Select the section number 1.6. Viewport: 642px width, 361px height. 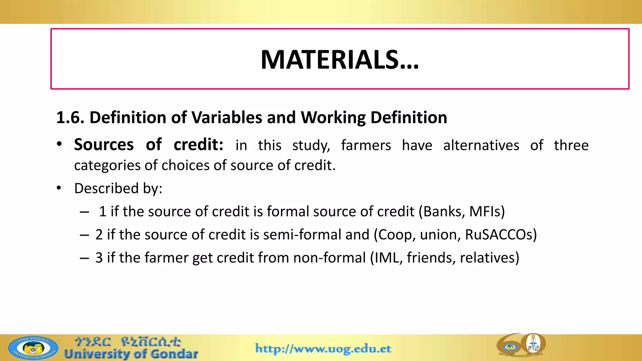click(70, 118)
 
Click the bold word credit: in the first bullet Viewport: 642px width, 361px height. click(198, 145)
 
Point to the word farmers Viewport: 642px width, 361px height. click(366, 145)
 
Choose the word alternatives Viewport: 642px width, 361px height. click(481, 145)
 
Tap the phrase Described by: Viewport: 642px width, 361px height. click(118, 188)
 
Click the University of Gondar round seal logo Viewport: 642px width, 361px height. click(33, 348)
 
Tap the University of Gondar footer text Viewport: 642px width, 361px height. click(131, 354)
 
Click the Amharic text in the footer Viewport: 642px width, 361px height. click(128, 341)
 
